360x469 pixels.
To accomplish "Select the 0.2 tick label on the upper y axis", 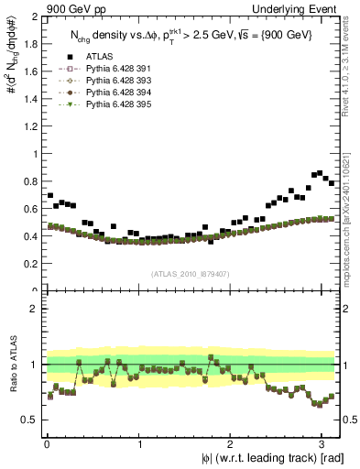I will coord(28,264).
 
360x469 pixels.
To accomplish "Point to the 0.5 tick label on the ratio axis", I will coord(28,420).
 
